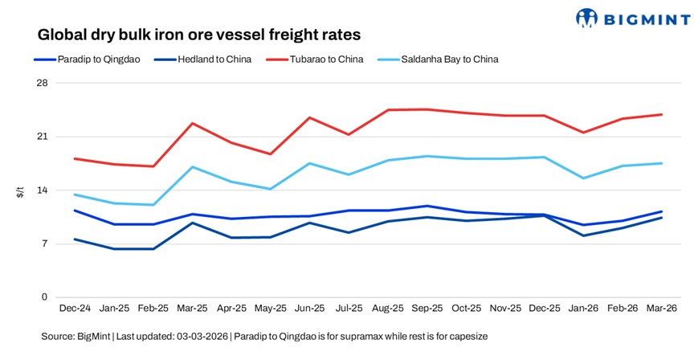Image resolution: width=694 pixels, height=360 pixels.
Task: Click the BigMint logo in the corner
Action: (631, 18)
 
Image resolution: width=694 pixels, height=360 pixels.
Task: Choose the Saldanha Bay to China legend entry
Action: (452, 59)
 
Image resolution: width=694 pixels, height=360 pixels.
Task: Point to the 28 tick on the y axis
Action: (43, 84)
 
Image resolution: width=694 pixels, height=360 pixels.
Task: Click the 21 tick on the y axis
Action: (43, 137)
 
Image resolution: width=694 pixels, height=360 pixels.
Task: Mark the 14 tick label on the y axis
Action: (43, 190)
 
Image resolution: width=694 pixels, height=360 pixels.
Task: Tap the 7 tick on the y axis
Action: (45, 243)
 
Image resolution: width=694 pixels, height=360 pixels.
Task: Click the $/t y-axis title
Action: (21, 190)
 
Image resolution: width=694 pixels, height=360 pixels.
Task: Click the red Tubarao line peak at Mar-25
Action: (192, 123)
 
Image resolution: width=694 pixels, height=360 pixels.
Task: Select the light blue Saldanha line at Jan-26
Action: (583, 178)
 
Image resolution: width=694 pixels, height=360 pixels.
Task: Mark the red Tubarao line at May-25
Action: (271, 153)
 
